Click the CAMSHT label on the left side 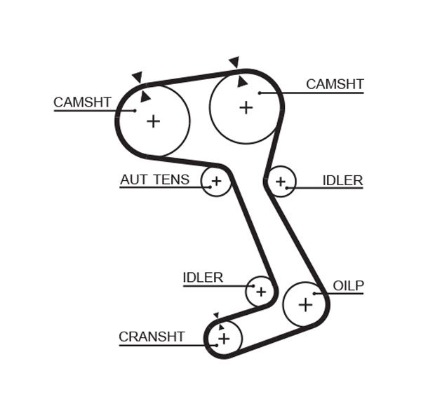[x=82, y=102]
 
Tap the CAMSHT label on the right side [x=335, y=84]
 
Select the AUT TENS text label [x=154, y=180]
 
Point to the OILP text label [x=348, y=285]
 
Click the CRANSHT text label [x=152, y=337]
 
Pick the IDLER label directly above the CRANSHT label [x=203, y=278]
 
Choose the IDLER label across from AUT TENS [x=342, y=180]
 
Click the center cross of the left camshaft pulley [x=153, y=121]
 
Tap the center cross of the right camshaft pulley [x=246, y=107]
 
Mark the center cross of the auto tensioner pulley [x=216, y=182]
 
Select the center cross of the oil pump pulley [x=305, y=304]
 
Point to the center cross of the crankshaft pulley [x=224, y=339]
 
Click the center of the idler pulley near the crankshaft [x=260, y=290]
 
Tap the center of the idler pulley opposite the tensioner [x=281, y=182]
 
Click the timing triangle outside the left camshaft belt [x=138, y=76]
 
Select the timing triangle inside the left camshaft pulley [x=145, y=96]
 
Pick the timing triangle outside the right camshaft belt [x=234, y=62]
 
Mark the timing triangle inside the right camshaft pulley [x=242, y=82]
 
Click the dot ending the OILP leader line [x=315, y=294]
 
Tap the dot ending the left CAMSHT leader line [x=135, y=110]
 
